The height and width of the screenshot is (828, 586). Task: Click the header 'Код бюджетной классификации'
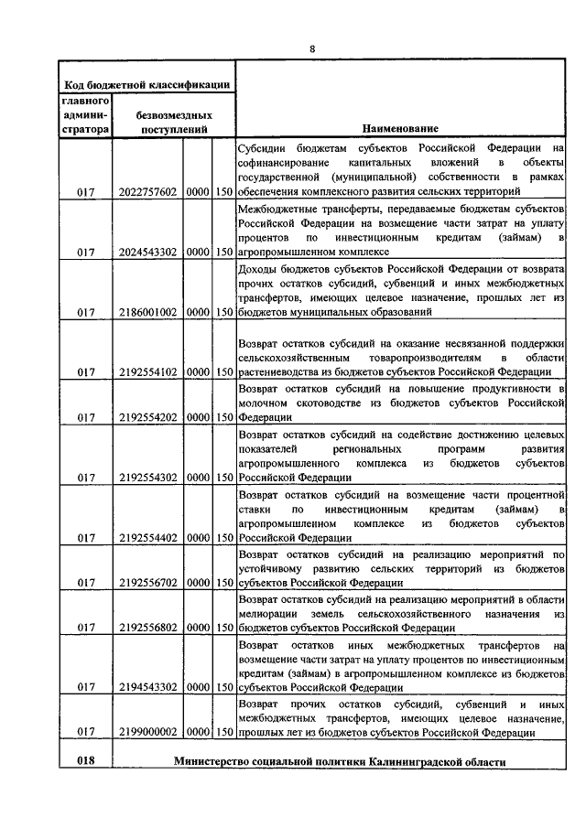[146, 84]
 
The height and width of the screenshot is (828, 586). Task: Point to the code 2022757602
[148, 192]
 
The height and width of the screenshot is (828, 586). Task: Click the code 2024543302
[148, 252]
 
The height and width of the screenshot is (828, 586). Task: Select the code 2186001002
[148, 312]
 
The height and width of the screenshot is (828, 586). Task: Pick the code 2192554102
[148, 372]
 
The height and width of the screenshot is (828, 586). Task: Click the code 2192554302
[148, 477]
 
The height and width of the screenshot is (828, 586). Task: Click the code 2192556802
[148, 628]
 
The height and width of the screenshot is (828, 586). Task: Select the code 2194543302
[148, 687]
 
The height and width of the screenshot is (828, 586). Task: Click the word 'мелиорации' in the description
[266, 613]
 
